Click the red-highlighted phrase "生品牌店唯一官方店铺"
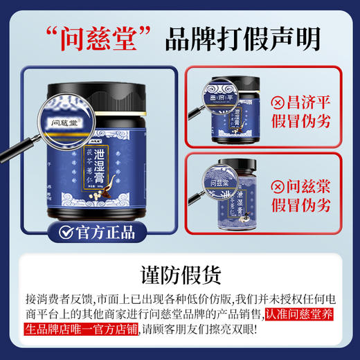[71, 330]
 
